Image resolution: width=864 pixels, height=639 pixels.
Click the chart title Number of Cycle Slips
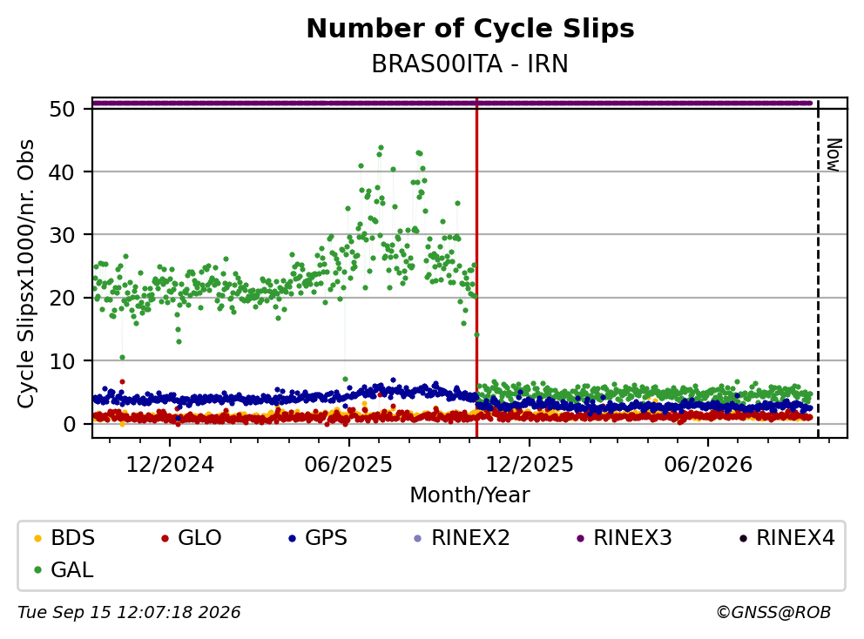(x=470, y=29)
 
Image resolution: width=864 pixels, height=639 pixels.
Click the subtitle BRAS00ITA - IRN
(x=470, y=64)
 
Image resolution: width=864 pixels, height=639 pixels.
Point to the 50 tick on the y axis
(x=62, y=109)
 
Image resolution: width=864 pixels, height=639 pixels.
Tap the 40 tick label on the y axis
(x=62, y=172)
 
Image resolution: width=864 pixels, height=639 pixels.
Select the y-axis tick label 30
(x=62, y=235)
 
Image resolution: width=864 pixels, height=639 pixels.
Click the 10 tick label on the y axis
(x=62, y=361)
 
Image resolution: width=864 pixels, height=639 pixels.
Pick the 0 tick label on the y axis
(x=70, y=424)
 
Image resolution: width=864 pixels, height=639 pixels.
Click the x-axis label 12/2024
(x=170, y=465)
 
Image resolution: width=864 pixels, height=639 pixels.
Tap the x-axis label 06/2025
(x=348, y=465)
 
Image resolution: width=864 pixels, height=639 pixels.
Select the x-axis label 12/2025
(x=529, y=465)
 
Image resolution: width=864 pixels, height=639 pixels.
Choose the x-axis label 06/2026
(x=708, y=465)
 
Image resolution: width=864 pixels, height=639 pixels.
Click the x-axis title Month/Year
(x=470, y=495)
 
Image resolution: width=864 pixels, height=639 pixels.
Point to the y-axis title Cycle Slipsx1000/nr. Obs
(x=25, y=273)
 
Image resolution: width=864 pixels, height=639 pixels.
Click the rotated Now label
(x=834, y=155)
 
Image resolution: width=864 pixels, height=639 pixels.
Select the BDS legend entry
(x=64, y=538)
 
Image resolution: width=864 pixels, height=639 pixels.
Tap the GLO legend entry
(x=192, y=538)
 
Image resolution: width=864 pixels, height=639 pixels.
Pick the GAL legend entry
(x=64, y=569)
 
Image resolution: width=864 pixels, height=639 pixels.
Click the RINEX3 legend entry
(x=624, y=538)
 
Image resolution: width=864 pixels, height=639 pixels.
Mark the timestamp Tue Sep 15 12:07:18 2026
(x=129, y=613)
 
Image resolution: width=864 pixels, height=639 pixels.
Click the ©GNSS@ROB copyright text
(x=773, y=613)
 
